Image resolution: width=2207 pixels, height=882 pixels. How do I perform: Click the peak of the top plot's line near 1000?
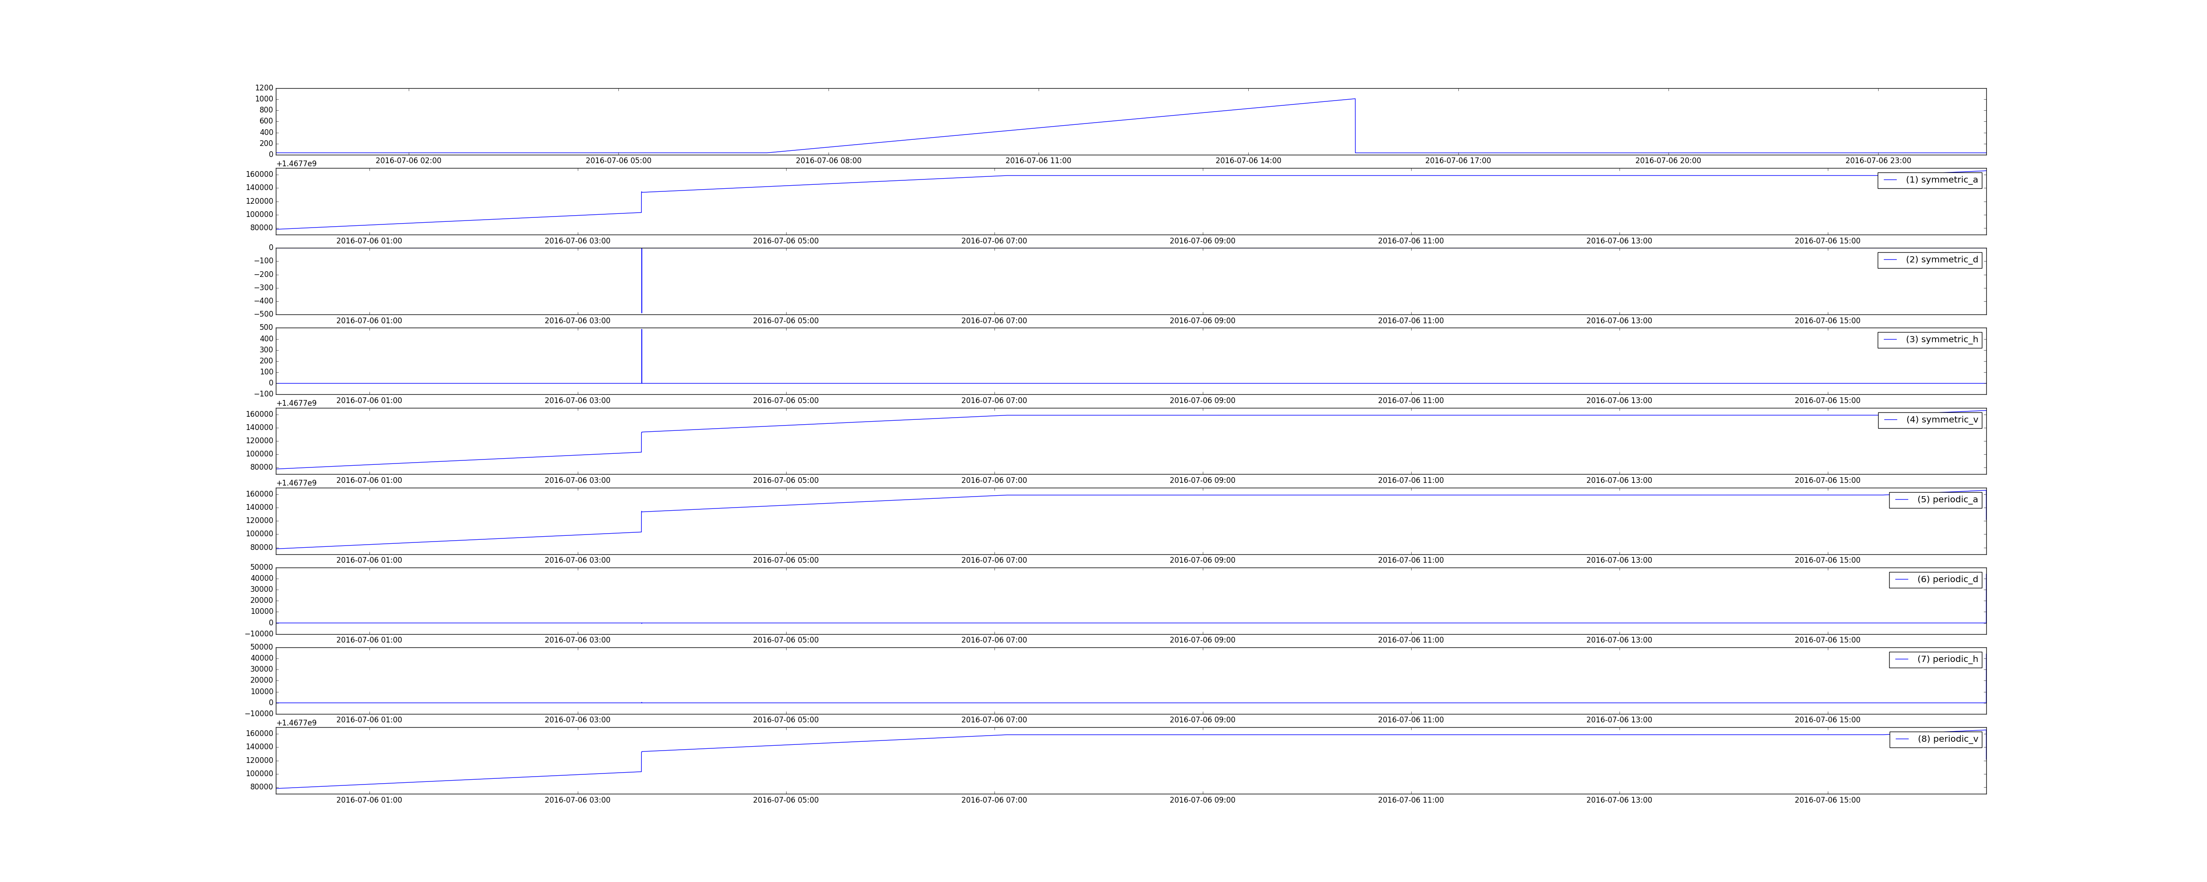(x=1355, y=98)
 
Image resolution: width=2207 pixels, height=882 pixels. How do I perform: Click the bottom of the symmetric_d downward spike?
(x=642, y=313)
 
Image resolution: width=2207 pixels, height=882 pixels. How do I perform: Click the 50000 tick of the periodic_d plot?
(x=261, y=567)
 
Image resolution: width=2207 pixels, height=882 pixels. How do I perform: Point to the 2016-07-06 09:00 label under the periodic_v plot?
(x=1203, y=800)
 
